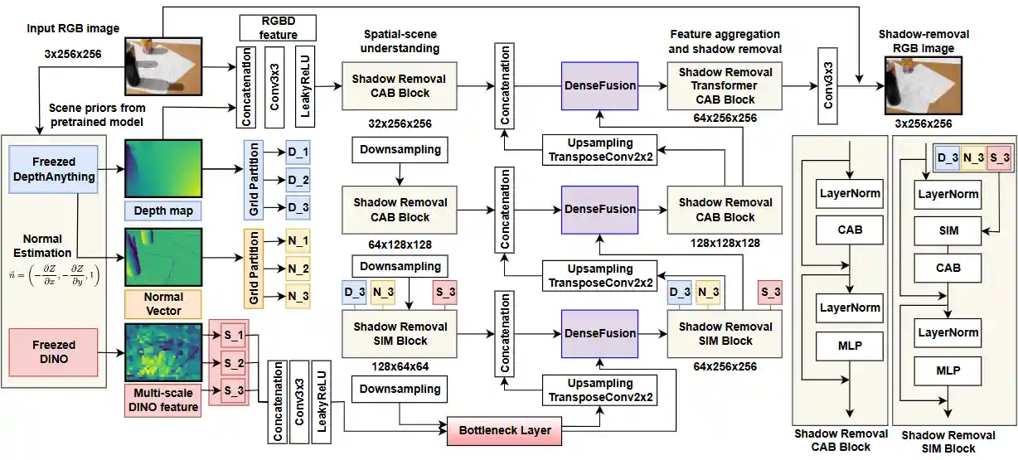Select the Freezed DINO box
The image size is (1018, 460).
(55, 352)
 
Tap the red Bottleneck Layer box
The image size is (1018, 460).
(500, 430)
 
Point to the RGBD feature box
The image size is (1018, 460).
(279, 27)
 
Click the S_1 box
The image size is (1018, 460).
(233, 336)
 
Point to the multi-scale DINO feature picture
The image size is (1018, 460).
(162, 352)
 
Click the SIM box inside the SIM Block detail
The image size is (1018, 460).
(948, 231)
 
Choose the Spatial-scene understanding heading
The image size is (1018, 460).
(401, 42)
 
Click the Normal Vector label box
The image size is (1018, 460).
(162, 303)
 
